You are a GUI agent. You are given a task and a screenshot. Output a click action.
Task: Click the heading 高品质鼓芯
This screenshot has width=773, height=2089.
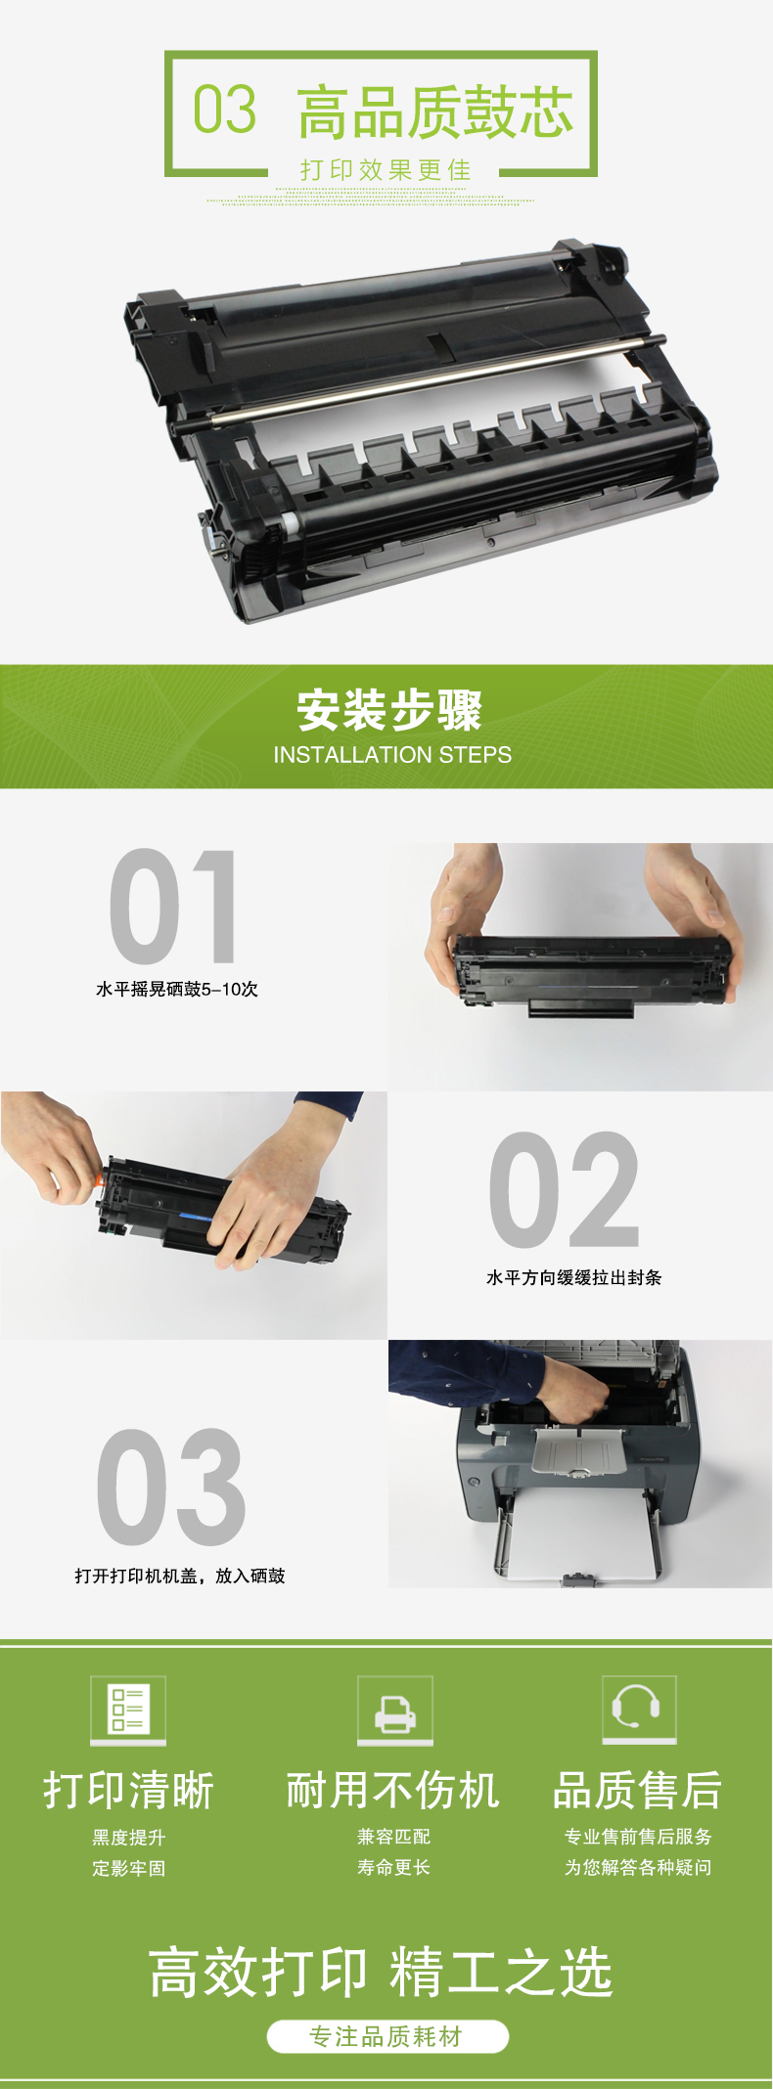(x=435, y=111)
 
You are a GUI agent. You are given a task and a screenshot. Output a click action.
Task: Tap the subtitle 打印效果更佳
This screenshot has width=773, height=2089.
(x=386, y=170)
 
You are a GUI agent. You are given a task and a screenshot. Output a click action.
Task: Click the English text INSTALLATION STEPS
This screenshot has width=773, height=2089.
(x=392, y=755)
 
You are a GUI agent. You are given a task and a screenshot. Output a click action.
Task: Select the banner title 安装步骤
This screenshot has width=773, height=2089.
(x=389, y=710)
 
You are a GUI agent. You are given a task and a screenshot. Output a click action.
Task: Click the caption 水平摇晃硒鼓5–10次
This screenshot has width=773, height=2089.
(x=177, y=989)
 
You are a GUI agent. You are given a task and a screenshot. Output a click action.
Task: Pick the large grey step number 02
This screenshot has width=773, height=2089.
(x=565, y=1189)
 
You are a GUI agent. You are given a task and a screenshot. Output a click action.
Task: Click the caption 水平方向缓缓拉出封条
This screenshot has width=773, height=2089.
(x=574, y=1277)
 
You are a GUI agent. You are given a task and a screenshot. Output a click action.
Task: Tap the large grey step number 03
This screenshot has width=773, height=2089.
(x=170, y=1487)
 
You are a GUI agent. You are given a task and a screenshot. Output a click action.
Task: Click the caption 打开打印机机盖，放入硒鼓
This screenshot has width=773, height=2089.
(x=180, y=1576)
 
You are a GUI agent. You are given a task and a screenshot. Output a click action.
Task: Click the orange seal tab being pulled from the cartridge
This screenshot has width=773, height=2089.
(x=99, y=1179)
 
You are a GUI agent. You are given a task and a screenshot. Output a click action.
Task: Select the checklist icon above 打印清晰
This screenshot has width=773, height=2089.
(x=128, y=1709)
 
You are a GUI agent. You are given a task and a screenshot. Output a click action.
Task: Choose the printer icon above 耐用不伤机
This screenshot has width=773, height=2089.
(x=395, y=1709)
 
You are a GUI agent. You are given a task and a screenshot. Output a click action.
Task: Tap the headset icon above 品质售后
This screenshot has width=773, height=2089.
(x=639, y=1709)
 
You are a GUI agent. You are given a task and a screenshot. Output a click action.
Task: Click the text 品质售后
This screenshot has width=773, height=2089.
(x=638, y=1791)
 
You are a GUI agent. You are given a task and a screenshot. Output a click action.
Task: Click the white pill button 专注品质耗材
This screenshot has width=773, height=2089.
(x=387, y=2036)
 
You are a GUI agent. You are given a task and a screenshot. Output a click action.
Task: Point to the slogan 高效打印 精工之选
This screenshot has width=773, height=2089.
(x=381, y=1972)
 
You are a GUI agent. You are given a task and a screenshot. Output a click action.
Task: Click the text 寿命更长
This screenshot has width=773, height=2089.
(x=394, y=1867)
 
